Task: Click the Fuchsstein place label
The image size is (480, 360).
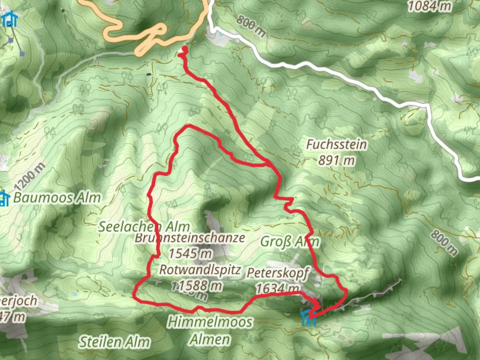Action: pyautogui.click(x=336, y=145)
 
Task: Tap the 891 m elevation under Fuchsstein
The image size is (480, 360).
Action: pyautogui.click(x=336, y=161)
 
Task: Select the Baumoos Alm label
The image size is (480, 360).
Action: pyautogui.click(x=57, y=198)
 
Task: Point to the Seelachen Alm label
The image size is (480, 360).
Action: pyautogui.click(x=144, y=227)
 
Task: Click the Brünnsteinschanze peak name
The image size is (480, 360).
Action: pyautogui.click(x=190, y=238)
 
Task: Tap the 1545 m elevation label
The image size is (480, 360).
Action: pyautogui.click(x=190, y=254)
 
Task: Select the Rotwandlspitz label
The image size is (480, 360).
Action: pyautogui.click(x=200, y=270)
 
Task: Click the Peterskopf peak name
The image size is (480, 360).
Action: pyautogui.click(x=278, y=273)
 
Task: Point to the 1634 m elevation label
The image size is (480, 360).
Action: pyautogui.click(x=277, y=288)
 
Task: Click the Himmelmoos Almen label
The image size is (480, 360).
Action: pyautogui.click(x=210, y=330)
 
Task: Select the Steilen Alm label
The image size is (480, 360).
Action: pyautogui.click(x=114, y=342)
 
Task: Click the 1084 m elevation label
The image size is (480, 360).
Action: pyautogui.click(x=430, y=6)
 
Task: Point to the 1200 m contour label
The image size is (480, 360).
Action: pyautogui.click(x=30, y=176)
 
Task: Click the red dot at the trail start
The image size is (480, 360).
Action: pyautogui.click(x=184, y=50)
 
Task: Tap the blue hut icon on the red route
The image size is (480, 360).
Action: pyautogui.click(x=308, y=318)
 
